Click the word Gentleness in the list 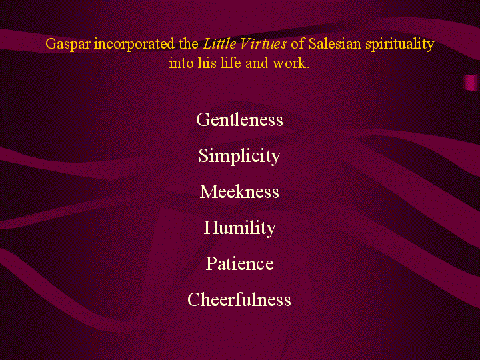239,119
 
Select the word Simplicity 239,156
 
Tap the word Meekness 239,191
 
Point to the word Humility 240,228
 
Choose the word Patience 240,263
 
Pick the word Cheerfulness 239,299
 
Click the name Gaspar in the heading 68,44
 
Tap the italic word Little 219,43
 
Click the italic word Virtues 263,43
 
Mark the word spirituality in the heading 400,45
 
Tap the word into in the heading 181,63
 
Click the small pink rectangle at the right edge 471,83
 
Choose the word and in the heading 257,63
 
